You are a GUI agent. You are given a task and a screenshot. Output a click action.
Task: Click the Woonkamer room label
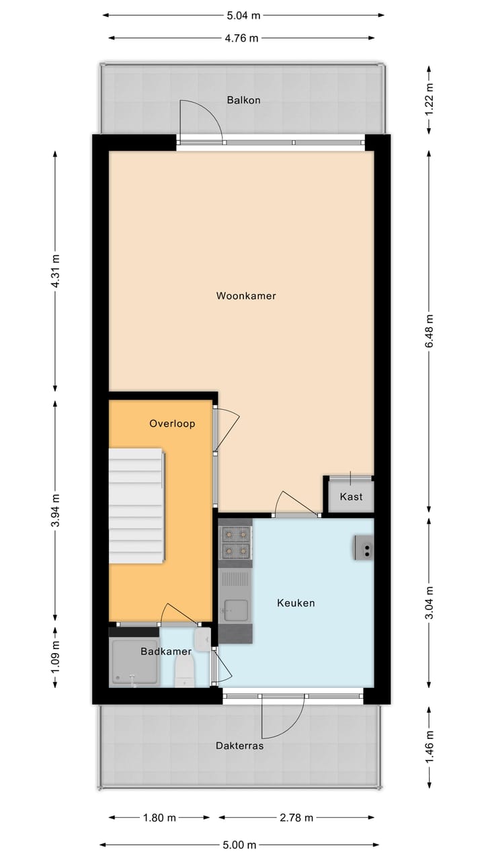246,296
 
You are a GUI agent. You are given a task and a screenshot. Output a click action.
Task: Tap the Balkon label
243,100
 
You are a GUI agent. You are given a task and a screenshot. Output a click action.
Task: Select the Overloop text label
172,424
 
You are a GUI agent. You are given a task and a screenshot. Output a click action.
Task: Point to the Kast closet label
351,497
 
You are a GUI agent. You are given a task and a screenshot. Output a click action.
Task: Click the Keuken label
296,603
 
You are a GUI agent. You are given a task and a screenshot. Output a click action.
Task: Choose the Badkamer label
165,651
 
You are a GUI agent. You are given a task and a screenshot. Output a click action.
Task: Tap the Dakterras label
240,745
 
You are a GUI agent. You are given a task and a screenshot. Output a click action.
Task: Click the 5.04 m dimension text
243,15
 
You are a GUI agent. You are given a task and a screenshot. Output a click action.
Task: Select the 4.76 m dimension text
241,38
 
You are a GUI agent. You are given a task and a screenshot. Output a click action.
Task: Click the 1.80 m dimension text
159,818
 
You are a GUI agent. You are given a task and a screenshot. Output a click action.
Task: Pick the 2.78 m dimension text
296,818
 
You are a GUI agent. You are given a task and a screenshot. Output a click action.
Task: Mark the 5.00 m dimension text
239,845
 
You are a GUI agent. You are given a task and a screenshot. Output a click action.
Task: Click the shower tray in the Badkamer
134,662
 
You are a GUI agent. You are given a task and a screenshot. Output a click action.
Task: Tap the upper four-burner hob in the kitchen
236,535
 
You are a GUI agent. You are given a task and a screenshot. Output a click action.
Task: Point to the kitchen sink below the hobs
236,609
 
